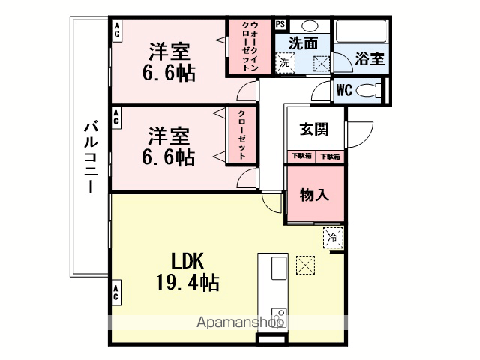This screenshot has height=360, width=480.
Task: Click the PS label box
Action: point(280,25)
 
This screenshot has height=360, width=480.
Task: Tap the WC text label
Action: point(344,90)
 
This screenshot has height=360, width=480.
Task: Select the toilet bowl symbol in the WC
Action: point(368,90)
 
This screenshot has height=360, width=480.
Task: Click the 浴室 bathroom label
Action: point(370,58)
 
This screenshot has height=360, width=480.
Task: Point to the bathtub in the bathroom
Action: point(361,31)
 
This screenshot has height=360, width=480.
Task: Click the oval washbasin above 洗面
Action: point(310,25)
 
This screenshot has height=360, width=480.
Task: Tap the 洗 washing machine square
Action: point(285,63)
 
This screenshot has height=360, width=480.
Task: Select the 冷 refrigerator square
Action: point(333,237)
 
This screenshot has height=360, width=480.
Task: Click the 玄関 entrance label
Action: point(314,129)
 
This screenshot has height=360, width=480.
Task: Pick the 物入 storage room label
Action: point(314,195)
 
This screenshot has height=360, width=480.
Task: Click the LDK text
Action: point(187,261)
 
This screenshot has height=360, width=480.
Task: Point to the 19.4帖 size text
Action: point(187,282)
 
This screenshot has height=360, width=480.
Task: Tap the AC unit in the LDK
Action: point(115,292)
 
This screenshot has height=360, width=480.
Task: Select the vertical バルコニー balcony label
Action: point(91,157)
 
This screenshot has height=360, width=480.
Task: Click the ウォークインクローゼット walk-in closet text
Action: point(250,46)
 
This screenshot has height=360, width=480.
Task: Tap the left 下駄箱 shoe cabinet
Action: point(301,156)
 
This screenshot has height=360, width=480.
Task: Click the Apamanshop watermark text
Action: point(240,322)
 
